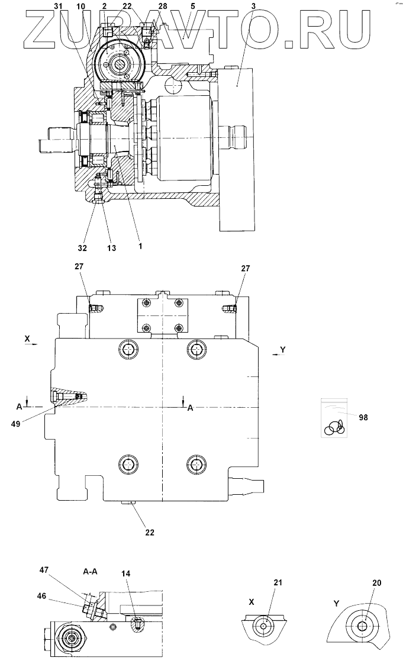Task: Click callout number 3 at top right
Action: tap(237, 6)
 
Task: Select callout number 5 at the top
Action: tap(192, 6)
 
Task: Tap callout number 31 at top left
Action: tap(57, 6)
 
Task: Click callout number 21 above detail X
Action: tap(278, 583)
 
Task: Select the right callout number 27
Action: tap(246, 268)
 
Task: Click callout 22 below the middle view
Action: tap(150, 532)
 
